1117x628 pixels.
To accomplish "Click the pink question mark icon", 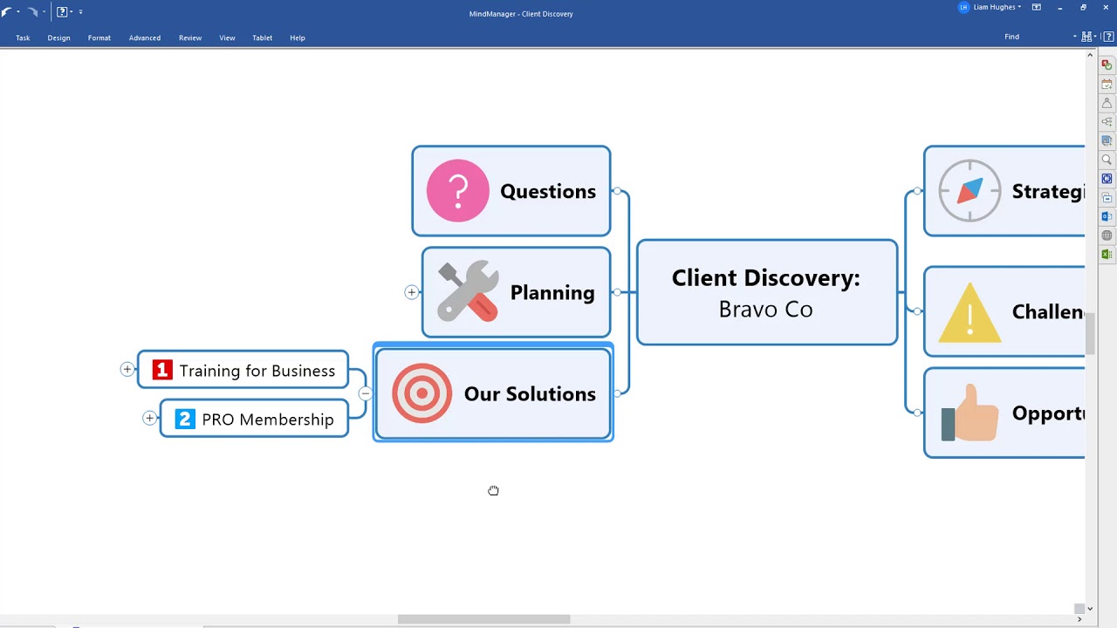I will pos(458,190).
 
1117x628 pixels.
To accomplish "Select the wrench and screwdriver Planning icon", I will pos(468,292).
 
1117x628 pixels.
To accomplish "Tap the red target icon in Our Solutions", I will pos(421,393).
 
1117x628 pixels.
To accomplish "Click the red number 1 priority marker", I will pos(162,370).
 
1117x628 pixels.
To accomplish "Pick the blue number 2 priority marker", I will pos(185,419).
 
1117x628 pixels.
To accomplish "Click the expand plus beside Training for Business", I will pos(127,370).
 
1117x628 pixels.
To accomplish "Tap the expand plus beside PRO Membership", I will pos(150,419).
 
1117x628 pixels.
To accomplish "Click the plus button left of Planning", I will pos(412,292).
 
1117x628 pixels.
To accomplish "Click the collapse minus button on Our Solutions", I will pos(365,394).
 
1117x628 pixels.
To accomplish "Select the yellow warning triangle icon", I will pos(970,312).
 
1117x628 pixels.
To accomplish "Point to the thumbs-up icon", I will pos(970,413).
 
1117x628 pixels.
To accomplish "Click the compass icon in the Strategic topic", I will pos(970,191).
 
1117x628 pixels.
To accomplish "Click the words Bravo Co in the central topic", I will pos(765,310).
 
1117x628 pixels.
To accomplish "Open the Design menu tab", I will pos(58,38).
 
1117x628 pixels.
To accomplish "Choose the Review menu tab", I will pos(190,38).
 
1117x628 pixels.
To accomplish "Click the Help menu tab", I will pos(298,38).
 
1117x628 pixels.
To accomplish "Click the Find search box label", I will pos(1011,37).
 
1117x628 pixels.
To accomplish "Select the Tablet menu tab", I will pos(263,38).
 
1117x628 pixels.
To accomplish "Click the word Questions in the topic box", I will pos(548,191).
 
